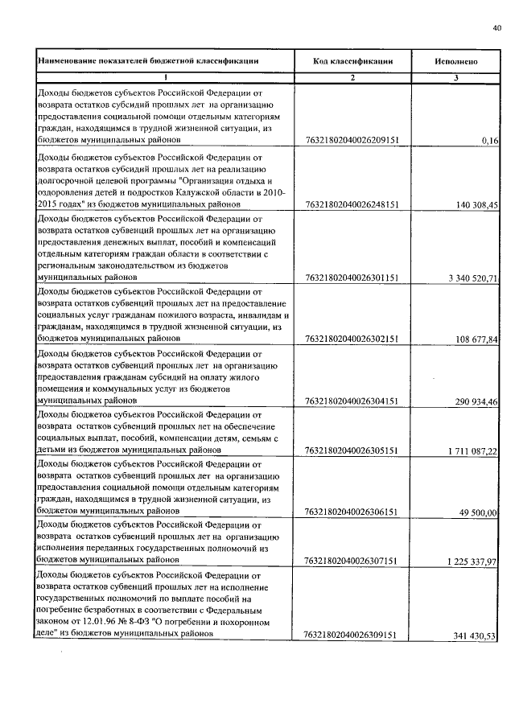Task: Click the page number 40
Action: pyautogui.click(x=496, y=29)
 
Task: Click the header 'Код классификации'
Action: pyautogui.click(x=352, y=60)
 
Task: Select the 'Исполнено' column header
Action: pyautogui.click(x=456, y=60)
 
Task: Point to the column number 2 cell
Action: pyautogui.click(x=352, y=78)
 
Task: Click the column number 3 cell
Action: pyautogui.click(x=456, y=78)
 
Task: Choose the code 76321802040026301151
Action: pyautogui.click(x=352, y=278)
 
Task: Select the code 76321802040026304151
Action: pyautogui.click(x=352, y=400)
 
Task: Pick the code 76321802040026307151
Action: pyautogui.click(x=352, y=560)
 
